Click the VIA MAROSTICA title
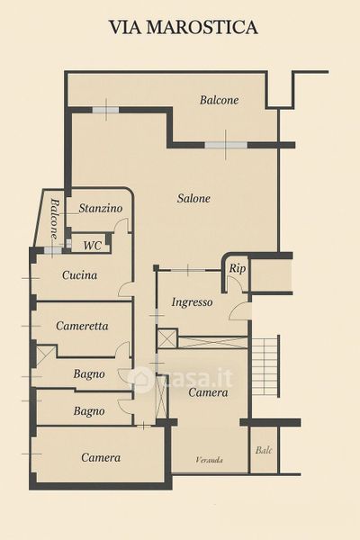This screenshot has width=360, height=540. click(184, 27)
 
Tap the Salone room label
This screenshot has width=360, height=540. click(193, 198)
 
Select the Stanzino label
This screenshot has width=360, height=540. click(101, 208)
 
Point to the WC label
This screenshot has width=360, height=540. click(93, 246)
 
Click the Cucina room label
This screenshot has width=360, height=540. click(79, 274)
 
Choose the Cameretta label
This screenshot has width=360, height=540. click(82, 326)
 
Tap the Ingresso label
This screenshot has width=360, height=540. click(192, 302)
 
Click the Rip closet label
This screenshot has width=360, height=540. click(238, 269)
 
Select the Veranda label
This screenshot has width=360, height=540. click(209, 460)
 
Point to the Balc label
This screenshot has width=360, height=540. click(264, 450)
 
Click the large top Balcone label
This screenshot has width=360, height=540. click(219, 100)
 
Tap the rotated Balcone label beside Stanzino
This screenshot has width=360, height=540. click(54, 219)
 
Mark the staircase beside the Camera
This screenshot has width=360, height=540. click(266, 366)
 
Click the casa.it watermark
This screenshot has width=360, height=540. click(180, 378)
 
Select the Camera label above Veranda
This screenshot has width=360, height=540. click(208, 392)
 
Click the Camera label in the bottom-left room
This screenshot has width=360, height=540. click(101, 457)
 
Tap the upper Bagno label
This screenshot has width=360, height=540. click(89, 374)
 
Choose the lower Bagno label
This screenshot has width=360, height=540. click(89, 411)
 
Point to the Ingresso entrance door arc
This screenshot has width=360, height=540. click(237, 309)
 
